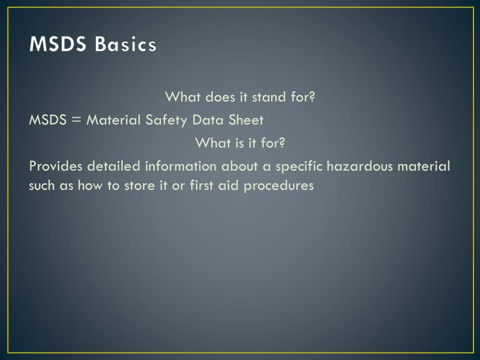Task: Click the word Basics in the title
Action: point(125,45)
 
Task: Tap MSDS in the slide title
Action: point(58,45)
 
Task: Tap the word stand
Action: point(269,97)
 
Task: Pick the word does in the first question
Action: point(221,97)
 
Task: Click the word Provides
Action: point(56,166)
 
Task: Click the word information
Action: point(181,166)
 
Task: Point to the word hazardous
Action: point(360,166)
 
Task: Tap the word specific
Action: point(300,166)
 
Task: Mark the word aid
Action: point(228,186)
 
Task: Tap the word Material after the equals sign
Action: point(113,120)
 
